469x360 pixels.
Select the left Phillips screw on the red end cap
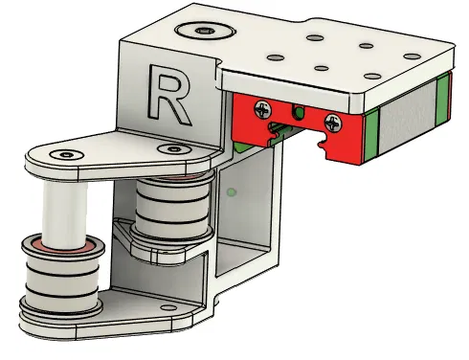coord(261,111)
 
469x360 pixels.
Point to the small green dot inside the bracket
coord(233,192)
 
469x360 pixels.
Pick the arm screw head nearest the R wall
coord(173,148)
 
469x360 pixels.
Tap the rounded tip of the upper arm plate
coord(33,157)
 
